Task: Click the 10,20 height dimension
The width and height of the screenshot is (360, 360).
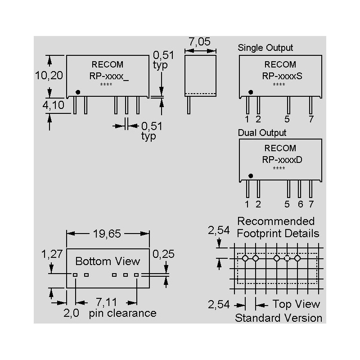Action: click(49, 75)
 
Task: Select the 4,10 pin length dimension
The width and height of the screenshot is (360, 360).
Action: click(53, 106)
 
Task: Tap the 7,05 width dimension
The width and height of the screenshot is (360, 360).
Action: click(199, 42)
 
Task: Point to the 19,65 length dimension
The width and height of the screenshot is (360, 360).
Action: click(108, 234)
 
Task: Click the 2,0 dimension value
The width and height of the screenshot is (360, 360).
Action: click(72, 313)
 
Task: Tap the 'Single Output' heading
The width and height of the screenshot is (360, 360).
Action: click(265, 47)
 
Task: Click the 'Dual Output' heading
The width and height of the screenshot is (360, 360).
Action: click(262, 133)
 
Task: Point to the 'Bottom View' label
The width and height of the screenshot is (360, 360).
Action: click(108, 261)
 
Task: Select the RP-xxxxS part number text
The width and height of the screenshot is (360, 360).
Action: click(282, 76)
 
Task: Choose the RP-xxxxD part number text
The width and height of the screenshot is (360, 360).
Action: click(282, 159)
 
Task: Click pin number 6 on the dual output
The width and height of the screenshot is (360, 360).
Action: click(300, 204)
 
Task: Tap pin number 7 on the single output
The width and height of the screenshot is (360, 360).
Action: click(310, 119)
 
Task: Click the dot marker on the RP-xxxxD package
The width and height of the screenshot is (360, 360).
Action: click(251, 176)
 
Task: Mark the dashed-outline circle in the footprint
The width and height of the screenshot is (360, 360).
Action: click(287, 258)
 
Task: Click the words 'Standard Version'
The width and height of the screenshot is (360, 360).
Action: click(279, 318)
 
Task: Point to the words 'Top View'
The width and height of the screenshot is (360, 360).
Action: click(296, 304)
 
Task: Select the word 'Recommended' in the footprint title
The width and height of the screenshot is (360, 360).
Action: click(276, 221)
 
